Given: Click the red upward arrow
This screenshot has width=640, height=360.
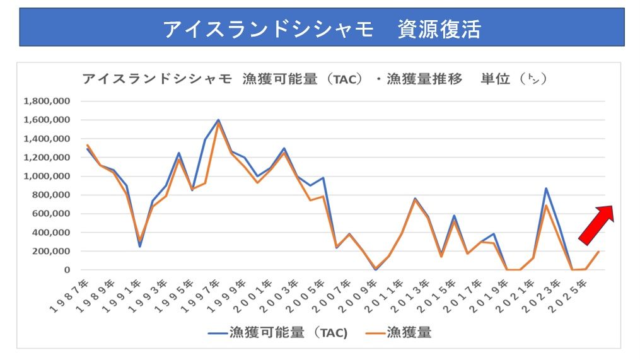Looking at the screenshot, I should pyautogui.click(x=597, y=224).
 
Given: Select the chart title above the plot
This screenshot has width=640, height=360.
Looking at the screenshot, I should pyautogui.click(x=313, y=79).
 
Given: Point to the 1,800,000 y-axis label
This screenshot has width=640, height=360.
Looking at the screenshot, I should pyautogui.click(x=47, y=101).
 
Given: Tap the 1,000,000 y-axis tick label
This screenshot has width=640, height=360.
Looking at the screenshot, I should pyautogui.click(x=47, y=176).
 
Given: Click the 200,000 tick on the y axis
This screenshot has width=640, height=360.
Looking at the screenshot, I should pyautogui.click(x=52, y=251).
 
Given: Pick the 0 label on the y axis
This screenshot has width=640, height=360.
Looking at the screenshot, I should pyautogui.click(x=66, y=270).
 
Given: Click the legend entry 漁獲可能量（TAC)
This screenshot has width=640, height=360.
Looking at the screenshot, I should pyautogui.click(x=278, y=332).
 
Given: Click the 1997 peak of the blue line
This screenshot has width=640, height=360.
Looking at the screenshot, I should pyautogui.click(x=218, y=120).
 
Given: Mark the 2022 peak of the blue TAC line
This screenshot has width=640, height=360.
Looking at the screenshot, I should pyautogui.click(x=546, y=189).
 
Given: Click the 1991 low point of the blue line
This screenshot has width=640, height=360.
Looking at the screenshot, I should pyautogui.click(x=139, y=246).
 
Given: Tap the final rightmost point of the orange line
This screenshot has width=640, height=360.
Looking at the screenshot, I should pyautogui.click(x=598, y=252).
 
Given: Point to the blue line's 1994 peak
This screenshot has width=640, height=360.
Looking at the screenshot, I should pyautogui.click(x=179, y=153).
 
